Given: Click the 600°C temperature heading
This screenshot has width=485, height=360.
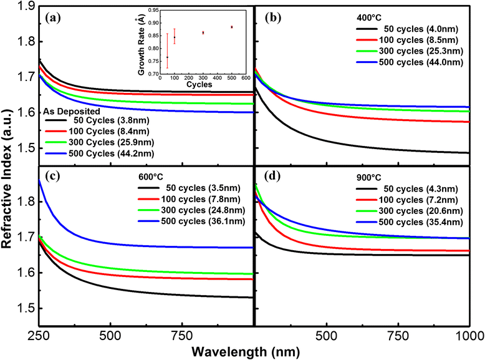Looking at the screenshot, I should (151, 177).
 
